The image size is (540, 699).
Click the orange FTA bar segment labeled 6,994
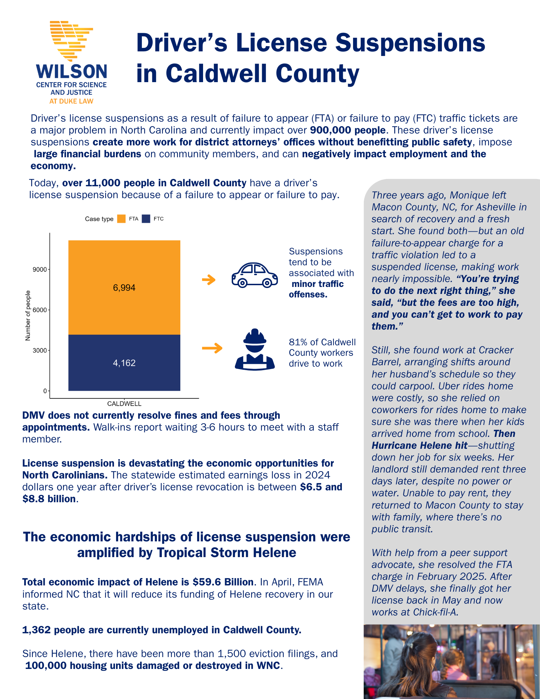(x=124, y=287)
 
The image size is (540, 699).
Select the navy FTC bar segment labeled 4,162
(x=124, y=363)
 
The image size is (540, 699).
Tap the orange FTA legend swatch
(x=121, y=219)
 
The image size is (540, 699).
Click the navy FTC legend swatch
(x=146, y=219)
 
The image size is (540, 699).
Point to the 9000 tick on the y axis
(x=39, y=269)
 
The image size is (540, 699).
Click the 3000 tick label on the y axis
(x=39, y=350)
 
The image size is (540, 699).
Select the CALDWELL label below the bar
(x=124, y=404)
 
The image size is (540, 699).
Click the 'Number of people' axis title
(x=28, y=315)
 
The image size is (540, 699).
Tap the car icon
(x=254, y=275)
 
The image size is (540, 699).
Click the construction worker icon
(x=255, y=349)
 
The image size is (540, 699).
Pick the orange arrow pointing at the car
(x=209, y=280)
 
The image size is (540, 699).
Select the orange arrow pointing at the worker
(x=212, y=348)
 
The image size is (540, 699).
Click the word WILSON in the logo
(x=72, y=72)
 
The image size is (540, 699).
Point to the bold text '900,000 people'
(x=348, y=130)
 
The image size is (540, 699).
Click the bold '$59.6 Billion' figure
(x=223, y=582)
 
